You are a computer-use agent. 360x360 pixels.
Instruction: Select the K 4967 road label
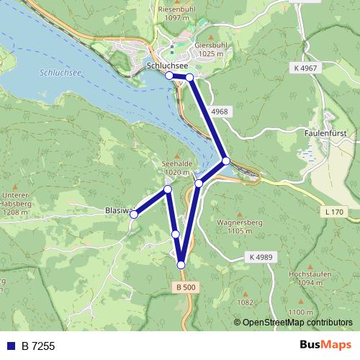306,67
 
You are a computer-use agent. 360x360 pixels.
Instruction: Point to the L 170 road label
335,212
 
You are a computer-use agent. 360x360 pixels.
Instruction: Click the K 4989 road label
261,257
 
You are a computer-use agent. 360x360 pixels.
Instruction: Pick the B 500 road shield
185,287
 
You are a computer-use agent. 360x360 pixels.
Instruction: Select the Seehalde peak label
176,164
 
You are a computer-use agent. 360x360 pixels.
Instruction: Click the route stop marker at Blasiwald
133,214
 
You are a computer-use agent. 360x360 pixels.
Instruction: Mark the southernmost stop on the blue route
181,265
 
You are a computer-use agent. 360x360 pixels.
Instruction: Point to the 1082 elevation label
245,302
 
